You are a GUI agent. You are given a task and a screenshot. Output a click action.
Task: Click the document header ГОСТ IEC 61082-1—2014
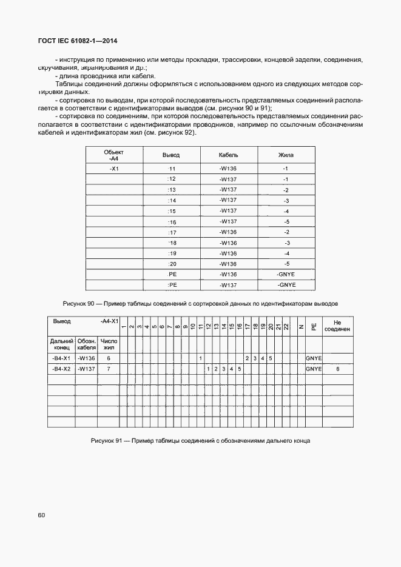pos(78,41)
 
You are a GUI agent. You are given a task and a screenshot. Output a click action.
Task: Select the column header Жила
pos(286,155)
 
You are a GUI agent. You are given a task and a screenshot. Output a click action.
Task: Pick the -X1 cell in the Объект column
pos(113,169)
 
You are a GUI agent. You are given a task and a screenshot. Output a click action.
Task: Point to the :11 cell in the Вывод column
pos(171,169)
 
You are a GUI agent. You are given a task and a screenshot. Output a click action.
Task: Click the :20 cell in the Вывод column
pos(171,264)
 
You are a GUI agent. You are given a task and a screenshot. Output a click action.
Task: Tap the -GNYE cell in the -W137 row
pos(286,285)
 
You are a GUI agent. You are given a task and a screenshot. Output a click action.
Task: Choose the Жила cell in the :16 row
pos(286,221)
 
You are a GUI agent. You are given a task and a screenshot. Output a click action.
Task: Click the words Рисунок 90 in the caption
pos(79,303)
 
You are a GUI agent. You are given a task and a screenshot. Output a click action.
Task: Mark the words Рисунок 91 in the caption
pos(107,441)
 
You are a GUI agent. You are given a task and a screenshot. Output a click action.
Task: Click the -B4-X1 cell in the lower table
pos(61,358)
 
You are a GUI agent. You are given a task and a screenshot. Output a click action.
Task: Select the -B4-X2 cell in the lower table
pos(61,369)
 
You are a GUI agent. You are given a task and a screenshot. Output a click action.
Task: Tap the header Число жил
pos(109,344)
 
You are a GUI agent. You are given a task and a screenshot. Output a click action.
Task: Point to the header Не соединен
pos(337,327)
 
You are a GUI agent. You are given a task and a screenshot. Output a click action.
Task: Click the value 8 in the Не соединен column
pos(338,369)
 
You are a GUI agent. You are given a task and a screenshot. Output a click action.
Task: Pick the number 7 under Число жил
pos(109,369)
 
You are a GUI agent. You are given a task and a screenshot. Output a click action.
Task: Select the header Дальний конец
pos(61,344)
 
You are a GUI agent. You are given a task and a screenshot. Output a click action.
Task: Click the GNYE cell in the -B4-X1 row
pos(314,358)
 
